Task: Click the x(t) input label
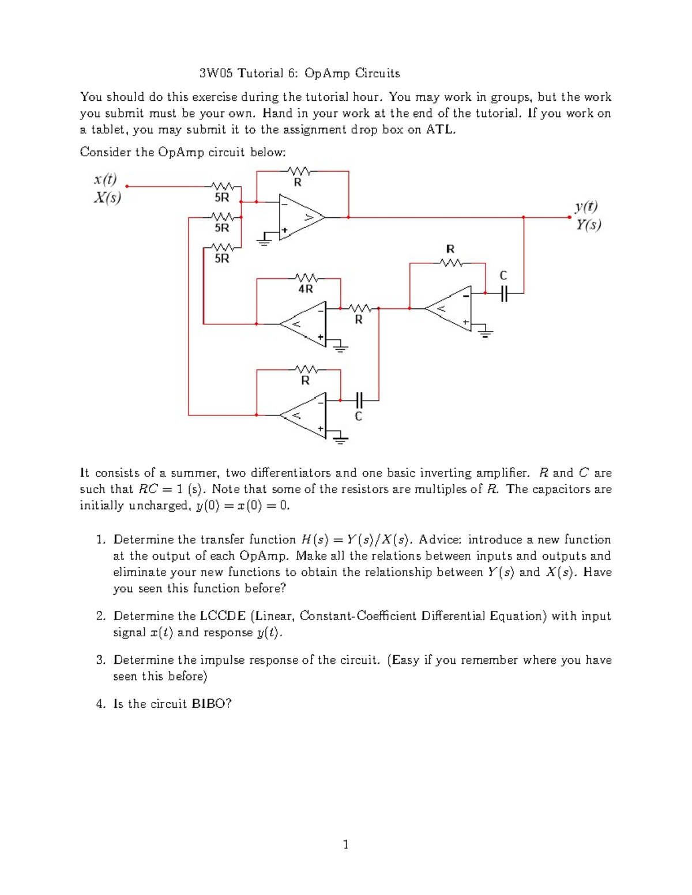(x=105, y=179)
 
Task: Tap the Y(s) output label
(x=588, y=224)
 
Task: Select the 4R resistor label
(x=305, y=289)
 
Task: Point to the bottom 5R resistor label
(x=222, y=259)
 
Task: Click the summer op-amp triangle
(x=299, y=217)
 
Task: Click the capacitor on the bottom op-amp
(x=359, y=399)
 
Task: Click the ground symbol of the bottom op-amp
(x=341, y=440)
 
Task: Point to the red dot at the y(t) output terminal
(x=569, y=217)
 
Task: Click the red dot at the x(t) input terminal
(x=126, y=187)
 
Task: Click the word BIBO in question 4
(x=209, y=704)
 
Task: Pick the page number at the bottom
(x=345, y=845)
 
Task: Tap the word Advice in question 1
(x=439, y=540)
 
